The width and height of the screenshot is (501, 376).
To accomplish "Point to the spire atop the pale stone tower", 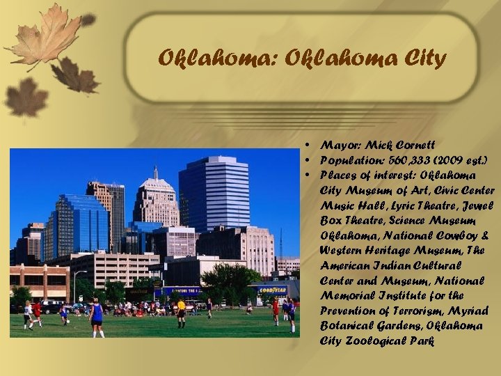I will (x=156, y=173).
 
